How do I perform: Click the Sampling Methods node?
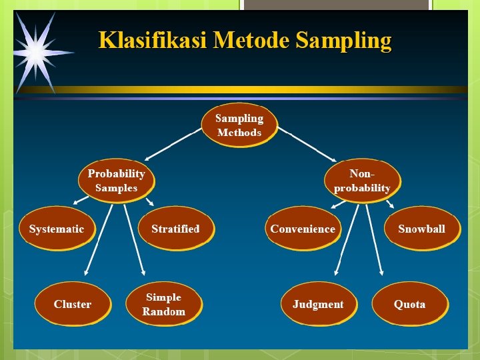click(x=239, y=125)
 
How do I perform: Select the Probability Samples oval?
click(x=116, y=180)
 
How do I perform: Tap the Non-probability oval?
click(x=362, y=180)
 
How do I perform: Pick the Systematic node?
click(x=57, y=229)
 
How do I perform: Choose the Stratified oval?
click(x=175, y=229)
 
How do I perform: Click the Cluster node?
click(x=73, y=304)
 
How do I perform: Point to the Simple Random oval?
click(x=163, y=304)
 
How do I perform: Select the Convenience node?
click(x=303, y=229)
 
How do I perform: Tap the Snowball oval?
click(x=421, y=229)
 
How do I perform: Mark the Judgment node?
click(x=318, y=304)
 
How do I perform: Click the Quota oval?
click(x=409, y=304)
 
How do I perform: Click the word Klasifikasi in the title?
click(x=153, y=41)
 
